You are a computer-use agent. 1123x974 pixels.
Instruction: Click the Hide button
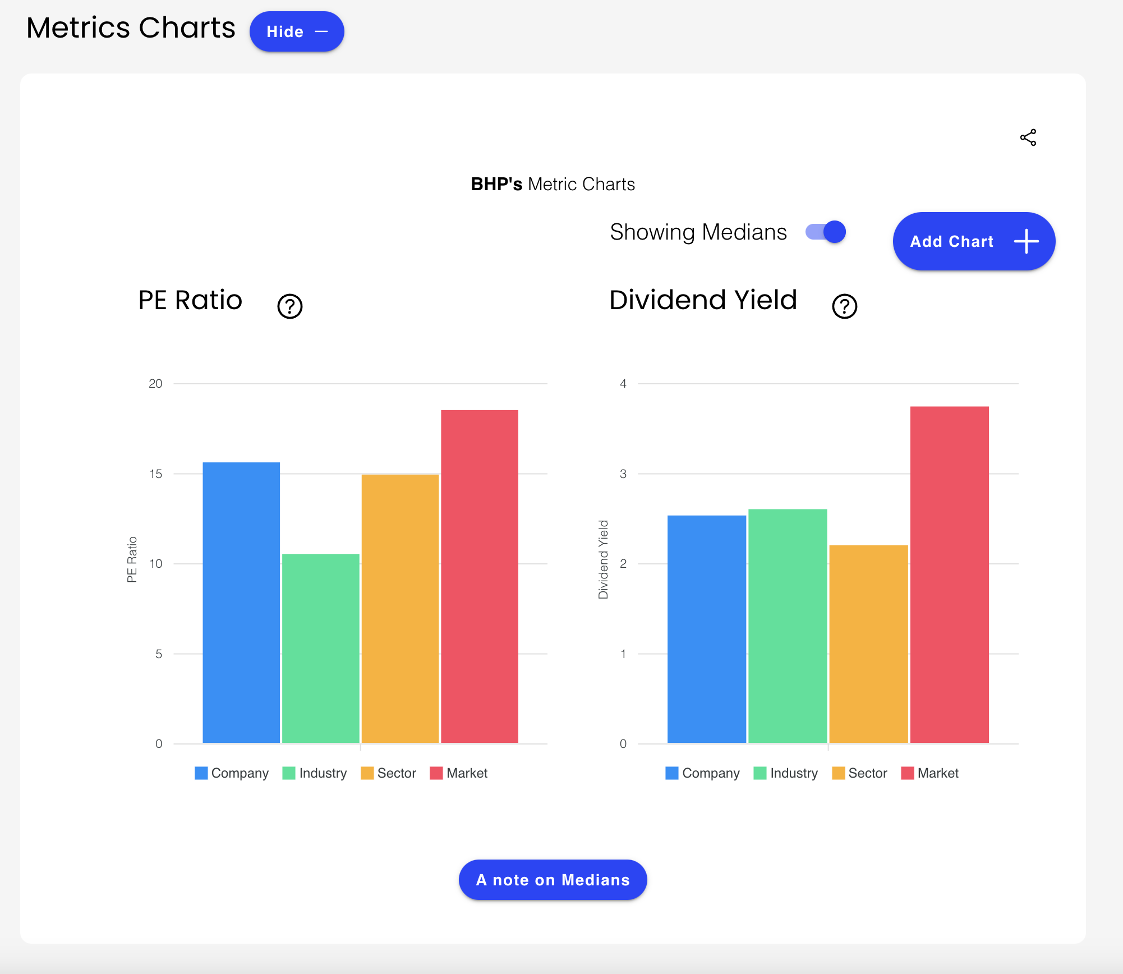[296, 32]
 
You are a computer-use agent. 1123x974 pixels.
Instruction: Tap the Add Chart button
[973, 241]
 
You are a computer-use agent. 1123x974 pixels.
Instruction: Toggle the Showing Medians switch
[826, 232]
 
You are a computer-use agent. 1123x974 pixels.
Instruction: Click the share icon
[1028, 137]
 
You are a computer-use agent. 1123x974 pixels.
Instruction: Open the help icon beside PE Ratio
[290, 306]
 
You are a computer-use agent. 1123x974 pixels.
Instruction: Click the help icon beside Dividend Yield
[844, 306]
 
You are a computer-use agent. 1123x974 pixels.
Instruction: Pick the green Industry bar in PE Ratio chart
[320, 648]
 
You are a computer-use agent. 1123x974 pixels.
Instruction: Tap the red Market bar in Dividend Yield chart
[949, 575]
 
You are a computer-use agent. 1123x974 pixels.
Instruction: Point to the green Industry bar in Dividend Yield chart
[788, 626]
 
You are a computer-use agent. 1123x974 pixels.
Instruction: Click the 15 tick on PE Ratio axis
[155, 474]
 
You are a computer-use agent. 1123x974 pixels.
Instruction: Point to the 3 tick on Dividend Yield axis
[623, 474]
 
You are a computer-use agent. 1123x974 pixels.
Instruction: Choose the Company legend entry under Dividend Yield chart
[703, 773]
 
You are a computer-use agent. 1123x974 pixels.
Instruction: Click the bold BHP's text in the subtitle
[496, 184]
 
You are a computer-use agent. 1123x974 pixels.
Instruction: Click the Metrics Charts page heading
[131, 28]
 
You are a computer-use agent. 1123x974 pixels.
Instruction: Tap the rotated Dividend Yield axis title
[603, 559]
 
